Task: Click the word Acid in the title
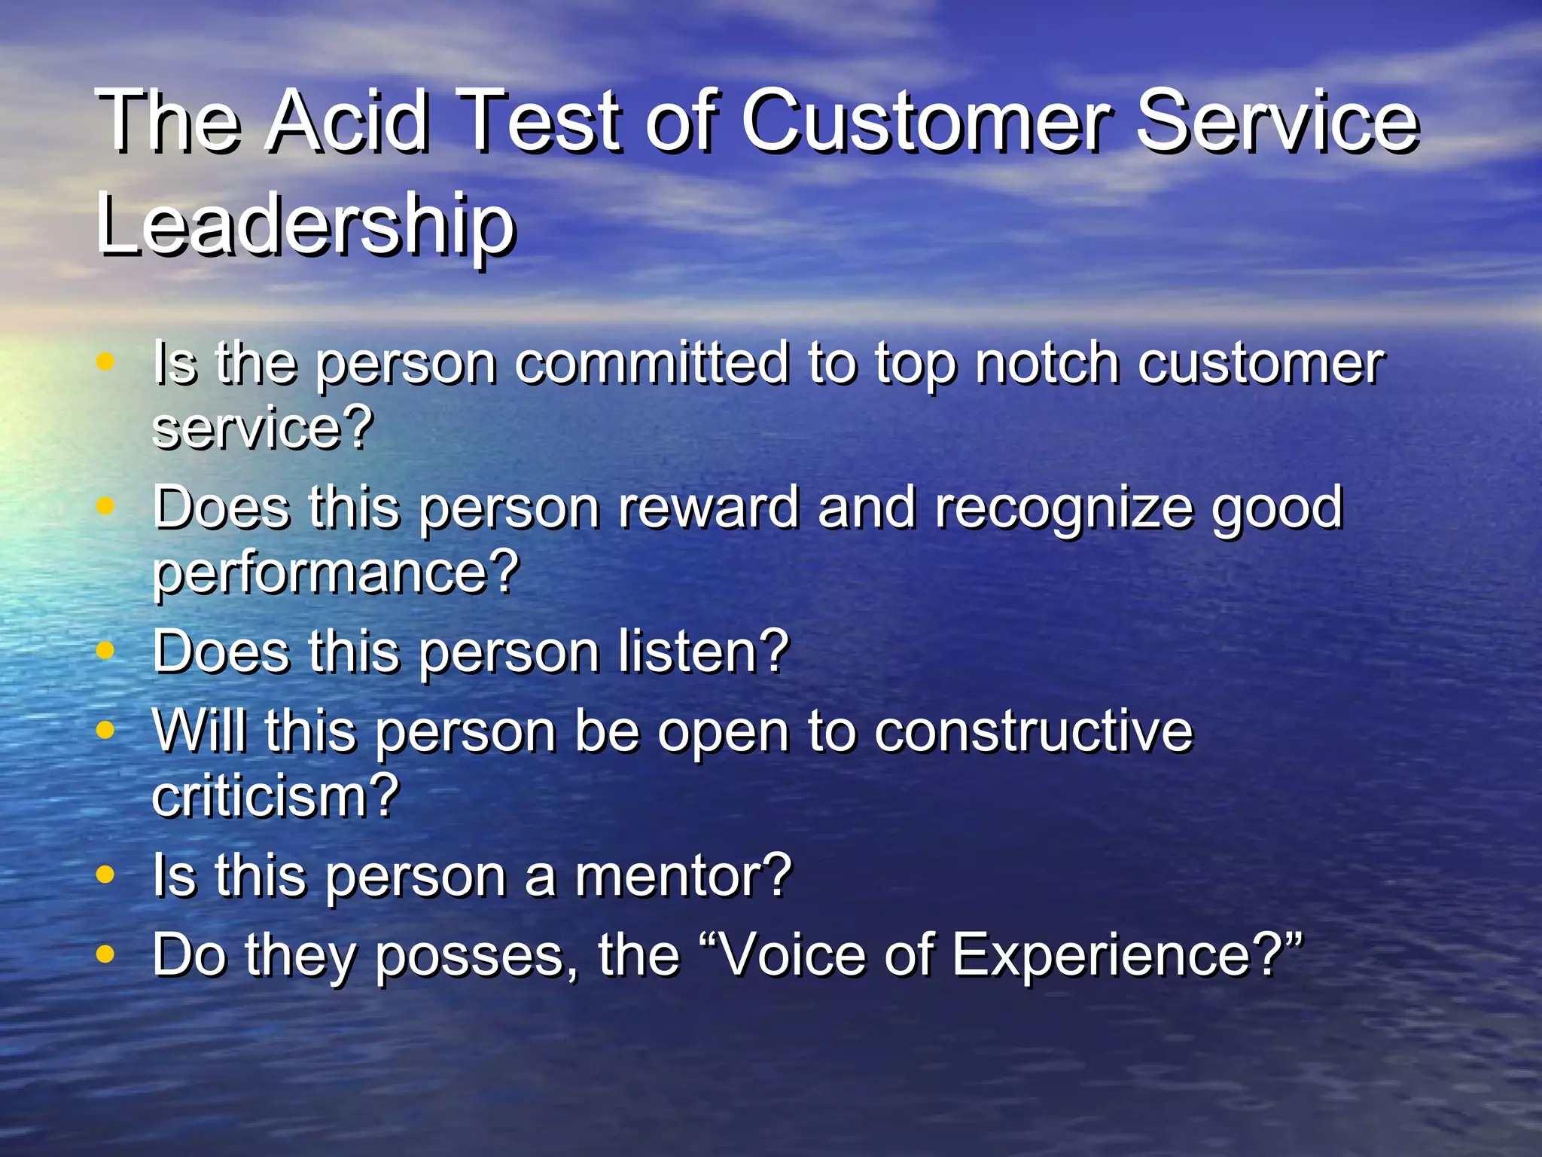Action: pyautogui.click(x=349, y=121)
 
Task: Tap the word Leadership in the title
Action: pyautogui.click(x=306, y=224)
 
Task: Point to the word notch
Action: pyautogui.click(x=1047, y=363)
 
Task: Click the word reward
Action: pyautogui.click(x=709, y=507)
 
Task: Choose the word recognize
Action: pyautogui.click(x=1063, y=507)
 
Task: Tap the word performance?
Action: pyautogui.click(x=336, y=572)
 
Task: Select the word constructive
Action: pyautogui.click(x=1033, y=731)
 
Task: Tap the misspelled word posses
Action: pyautogui.click(x=476, y=955)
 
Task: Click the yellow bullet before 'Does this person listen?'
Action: pyautogui.click(x=105, y=650)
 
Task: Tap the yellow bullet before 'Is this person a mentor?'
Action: pyautogui.click(x=105, y=875)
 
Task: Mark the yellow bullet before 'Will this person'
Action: pyautogui.click(x=105, y=730)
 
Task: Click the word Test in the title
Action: pyautogui.click(x=541, y=121)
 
